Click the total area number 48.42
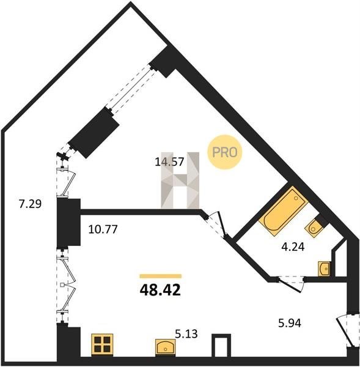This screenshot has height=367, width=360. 160,290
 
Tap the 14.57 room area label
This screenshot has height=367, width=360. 169,161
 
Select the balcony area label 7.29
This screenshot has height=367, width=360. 31,204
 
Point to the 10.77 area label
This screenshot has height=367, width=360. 103,229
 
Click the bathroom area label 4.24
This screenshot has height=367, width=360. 293,247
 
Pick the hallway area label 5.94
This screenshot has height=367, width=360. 290,324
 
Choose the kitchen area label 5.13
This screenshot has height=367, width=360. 186,334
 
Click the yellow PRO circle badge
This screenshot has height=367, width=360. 225,152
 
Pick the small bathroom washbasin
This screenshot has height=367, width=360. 324,269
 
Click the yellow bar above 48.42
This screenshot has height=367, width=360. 161,276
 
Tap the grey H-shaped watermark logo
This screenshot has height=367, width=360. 180,180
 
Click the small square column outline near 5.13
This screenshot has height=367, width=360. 221,345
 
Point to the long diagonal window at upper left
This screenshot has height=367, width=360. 131,89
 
